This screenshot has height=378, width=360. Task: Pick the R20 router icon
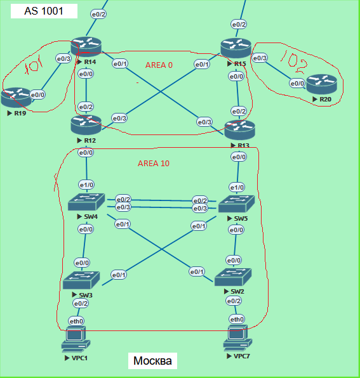321,83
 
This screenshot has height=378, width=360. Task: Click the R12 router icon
86,124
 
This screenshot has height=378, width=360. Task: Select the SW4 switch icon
86,202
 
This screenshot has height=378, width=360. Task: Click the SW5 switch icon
236,204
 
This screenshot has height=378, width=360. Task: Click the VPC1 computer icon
76,340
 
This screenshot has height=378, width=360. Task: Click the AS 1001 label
44,11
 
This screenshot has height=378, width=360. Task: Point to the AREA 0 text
159,65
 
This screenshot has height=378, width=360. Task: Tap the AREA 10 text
154,163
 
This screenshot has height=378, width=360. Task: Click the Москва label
152,361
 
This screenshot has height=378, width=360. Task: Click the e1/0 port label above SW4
86,185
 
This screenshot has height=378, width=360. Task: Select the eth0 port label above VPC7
236,318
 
